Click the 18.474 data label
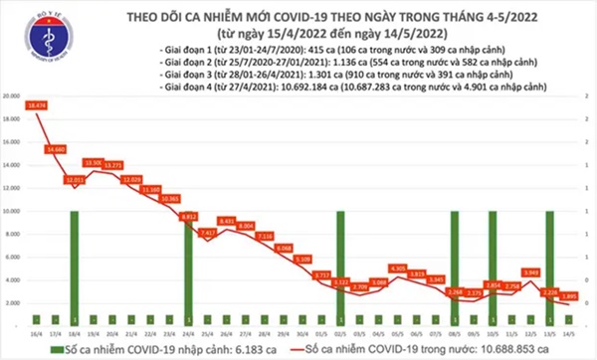tap(38, 103)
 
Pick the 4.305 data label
tap(398, 268)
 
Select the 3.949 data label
tap(531, 271)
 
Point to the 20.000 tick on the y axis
tap(12, 96)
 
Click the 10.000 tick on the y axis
tap(12, 211)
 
